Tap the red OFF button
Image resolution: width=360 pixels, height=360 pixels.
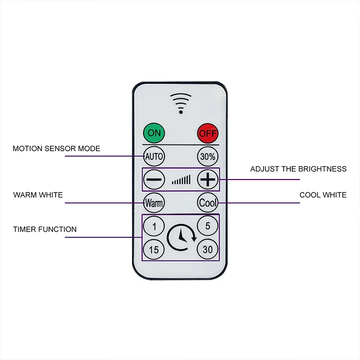[x=208, y=133]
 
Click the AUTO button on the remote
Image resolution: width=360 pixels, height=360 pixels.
[x=154, y=156]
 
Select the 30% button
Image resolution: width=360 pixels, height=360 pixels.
[x=208, y=156]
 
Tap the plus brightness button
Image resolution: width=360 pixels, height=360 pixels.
[x=208, y=180]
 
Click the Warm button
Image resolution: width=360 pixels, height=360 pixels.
[x=154, y=203]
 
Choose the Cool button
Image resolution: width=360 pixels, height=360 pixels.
[x=208, y=203]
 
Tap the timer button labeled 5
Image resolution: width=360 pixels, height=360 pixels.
[x=208, y=225]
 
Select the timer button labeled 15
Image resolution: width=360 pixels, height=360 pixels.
[x=154, y=250]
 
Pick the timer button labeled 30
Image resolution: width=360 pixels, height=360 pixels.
[x=208, y=249]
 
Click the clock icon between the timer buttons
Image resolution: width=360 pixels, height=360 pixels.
[x=181, y=236]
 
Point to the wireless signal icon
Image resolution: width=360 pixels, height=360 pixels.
[x=180, y=102]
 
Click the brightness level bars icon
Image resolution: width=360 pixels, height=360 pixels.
[x=181, y=180]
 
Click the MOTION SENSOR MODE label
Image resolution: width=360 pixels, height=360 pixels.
[x=57, y=148]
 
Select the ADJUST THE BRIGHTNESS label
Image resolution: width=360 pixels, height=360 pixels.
[x=298, y=169]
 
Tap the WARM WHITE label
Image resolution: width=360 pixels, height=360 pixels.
[x=38, y=195]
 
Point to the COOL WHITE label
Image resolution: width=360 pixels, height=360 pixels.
[x=323, y=195]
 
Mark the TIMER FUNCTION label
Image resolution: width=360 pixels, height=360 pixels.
[x=45, y=229]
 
